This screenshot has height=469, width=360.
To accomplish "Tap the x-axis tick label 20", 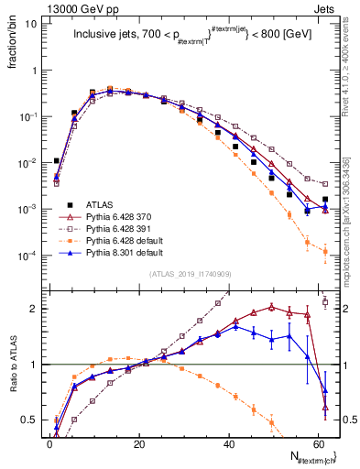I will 138,442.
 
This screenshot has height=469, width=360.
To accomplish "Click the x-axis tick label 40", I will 228,442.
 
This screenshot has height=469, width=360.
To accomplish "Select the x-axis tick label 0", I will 49,442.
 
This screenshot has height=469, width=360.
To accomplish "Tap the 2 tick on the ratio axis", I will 34,309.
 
